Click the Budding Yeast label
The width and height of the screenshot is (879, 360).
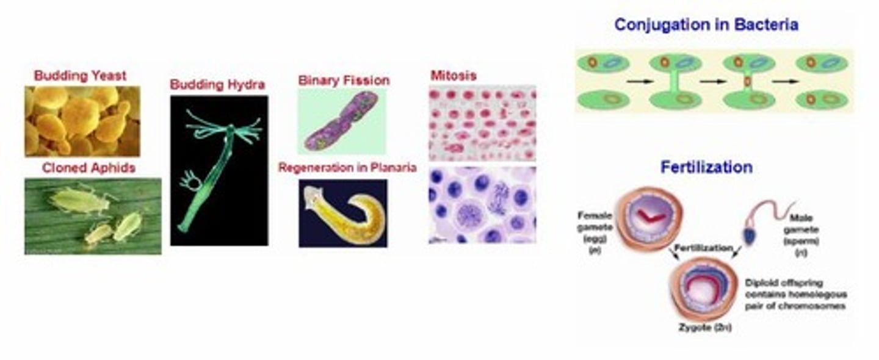[x=80, y=76]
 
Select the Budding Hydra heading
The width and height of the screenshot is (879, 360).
[x=217, y=84]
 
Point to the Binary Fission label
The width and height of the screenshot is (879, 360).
[x=344, y=81]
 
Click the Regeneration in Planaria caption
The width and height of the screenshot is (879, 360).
[x=347, y=167]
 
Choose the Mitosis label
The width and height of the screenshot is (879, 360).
[x=453, y=76]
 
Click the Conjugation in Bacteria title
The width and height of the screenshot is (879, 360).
[x=706, y=25]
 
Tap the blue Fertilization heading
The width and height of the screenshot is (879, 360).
[x=706, y=167]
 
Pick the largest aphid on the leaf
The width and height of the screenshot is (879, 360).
[x=79, y=201]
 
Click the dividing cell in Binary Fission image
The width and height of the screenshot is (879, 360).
[x=342, y=120]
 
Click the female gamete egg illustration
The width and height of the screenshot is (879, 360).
[x=648, y=218]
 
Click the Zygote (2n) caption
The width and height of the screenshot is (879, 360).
[x=704, y=328]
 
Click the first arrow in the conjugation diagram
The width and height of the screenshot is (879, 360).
[x=637, y=81]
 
